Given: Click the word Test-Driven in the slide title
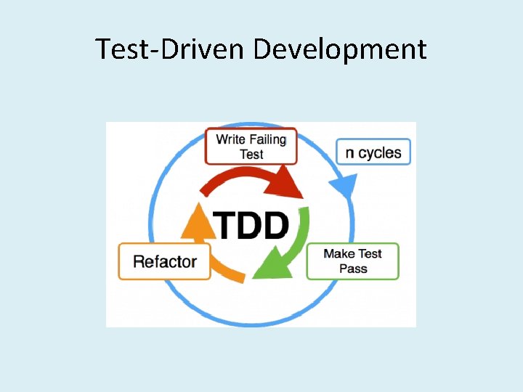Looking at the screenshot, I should pyautogui.click(x=171, y=49).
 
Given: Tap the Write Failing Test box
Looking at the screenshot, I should pyautogui.click(x=251, y=146).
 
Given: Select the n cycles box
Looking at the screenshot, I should pyautogui.click(x=373, y=152).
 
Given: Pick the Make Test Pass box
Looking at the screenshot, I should pyautogui.click(x=353, y=261).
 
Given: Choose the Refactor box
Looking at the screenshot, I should pyautogui.click(x=165, y=261).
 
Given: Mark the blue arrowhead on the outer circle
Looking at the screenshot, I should pyautogui.click(x=344, y=187).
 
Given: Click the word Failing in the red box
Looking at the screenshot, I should pyautogui.click(x=267, y=139).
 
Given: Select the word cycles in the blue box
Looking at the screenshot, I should pyautogui.click(x=381, y=152).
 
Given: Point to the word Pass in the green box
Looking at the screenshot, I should pyautogui.click(x=353, y=269).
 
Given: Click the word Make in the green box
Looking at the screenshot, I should pyautogui.click(x=338, y=253).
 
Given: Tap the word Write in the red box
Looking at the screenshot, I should pyautogui.click(x=231, y=139).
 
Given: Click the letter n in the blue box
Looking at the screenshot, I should pyautogui.click(x=351, y=153).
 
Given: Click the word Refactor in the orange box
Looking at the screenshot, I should pyautogui.click(x=165, y=261).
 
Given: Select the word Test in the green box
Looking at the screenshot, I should pyautogui.click(x=370, y=253).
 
